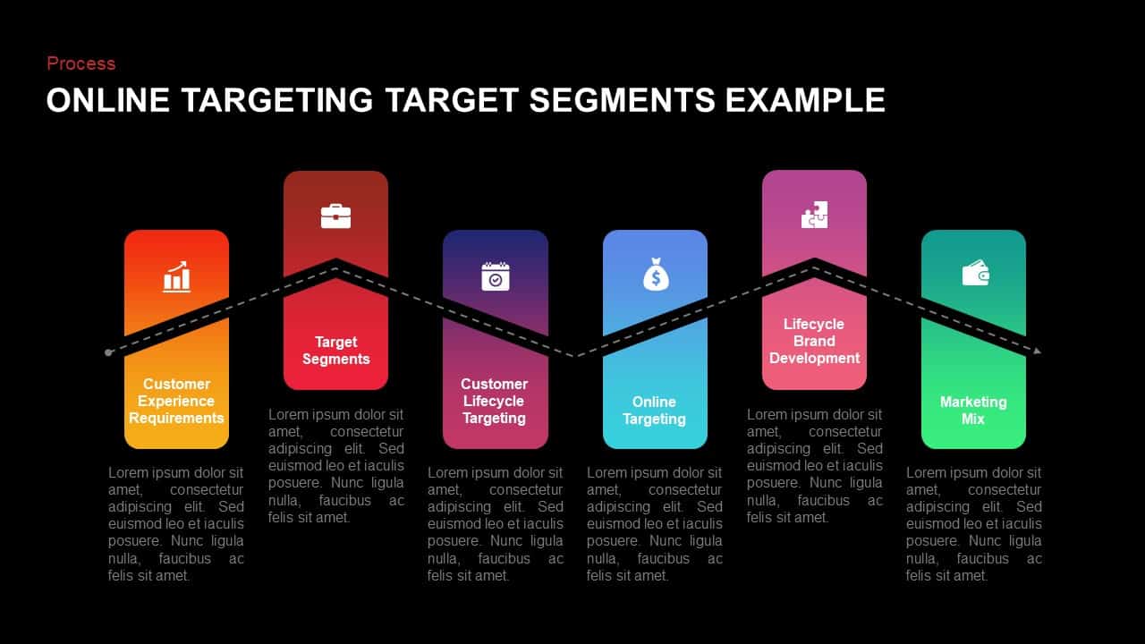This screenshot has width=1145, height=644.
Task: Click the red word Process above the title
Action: coord(81,64)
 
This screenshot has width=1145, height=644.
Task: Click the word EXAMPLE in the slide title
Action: coord(805,100)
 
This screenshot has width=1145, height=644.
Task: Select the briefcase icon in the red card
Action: coord(335,216)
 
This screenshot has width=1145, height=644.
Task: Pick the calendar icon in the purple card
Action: coord(495,276)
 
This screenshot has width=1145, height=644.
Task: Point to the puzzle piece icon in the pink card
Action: coord(814,215)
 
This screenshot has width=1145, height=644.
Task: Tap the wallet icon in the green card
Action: coord(974,273)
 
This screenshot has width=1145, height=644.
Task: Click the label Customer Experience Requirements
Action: coord(176,401)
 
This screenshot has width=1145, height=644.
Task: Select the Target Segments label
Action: coord(335,350)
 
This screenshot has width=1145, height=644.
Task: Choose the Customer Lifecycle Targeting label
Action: coord(495,401)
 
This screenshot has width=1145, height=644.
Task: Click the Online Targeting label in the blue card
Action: coord(654,410)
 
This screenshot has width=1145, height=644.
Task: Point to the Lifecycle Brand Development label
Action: coord(814,341)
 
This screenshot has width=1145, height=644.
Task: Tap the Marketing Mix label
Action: coord(973,410)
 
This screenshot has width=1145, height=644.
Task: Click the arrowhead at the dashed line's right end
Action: coord(1037,351)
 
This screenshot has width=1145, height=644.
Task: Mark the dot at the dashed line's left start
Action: coord(108,352)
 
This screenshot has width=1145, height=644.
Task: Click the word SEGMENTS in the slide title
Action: coord(623,100)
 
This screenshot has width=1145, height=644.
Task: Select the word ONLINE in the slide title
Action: coord(107,100)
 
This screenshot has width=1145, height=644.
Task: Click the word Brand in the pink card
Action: coord(814,341)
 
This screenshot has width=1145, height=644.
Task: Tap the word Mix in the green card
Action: coord(973,419)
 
